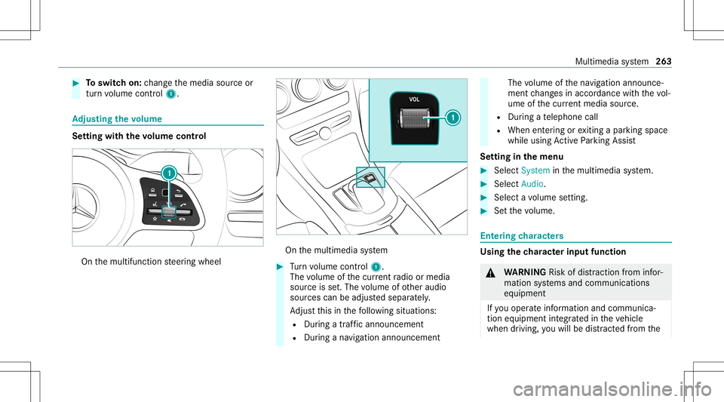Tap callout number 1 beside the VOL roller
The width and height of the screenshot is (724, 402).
coord(453,117)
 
